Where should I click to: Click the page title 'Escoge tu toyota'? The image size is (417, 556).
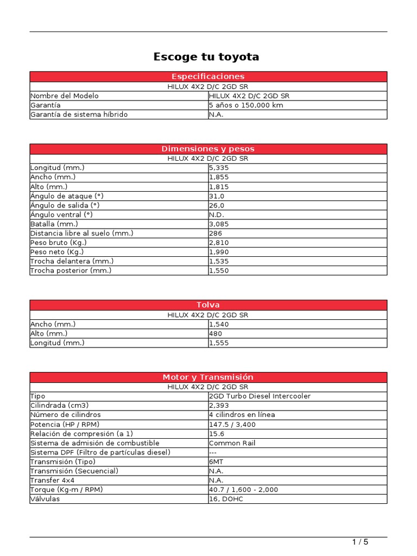[206, 56]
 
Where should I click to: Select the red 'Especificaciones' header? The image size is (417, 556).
[208, 77]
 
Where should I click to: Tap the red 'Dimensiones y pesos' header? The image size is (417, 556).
[208, 149]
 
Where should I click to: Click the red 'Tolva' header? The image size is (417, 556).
[208, 305]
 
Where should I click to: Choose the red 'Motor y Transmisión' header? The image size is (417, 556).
[208, 377]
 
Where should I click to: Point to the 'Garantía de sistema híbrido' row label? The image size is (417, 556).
[79, 115]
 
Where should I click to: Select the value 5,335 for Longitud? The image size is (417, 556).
[219, 168]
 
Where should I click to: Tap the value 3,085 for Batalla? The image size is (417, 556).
[219, 224]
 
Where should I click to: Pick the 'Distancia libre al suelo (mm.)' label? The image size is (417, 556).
[82, 233]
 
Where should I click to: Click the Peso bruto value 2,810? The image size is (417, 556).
[219, 243]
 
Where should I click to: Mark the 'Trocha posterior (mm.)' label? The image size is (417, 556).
[71, 270]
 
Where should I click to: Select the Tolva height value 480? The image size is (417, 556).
[216, 333]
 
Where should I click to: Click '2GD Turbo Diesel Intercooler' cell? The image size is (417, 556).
[260, 396]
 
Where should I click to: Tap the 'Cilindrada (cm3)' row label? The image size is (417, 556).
[59, 406]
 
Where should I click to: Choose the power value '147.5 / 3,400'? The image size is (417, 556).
[232, 424]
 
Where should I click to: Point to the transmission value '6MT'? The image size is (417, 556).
[216, 462]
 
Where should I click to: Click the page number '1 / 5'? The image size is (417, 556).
[360, 542]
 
